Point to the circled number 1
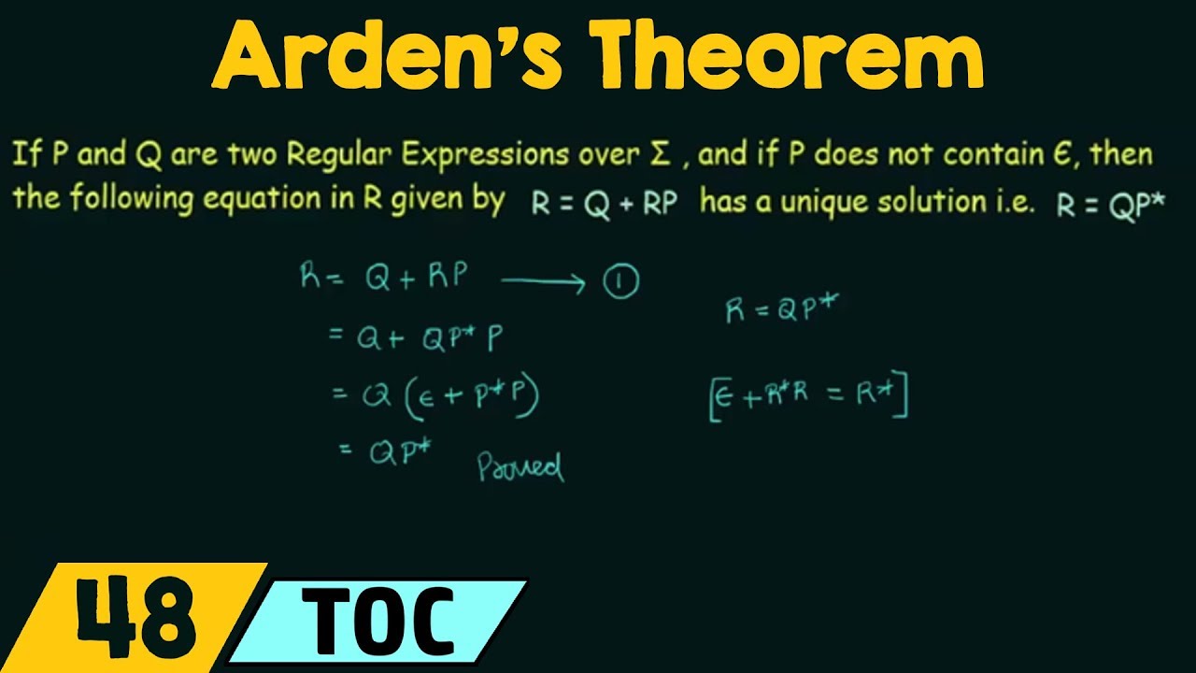(x=620, y=282)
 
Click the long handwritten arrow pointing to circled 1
(x=544, y=282)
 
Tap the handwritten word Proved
(x=520, y=466)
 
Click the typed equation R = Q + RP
(x=604, y=203)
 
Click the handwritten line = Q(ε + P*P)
(x=436, y=396)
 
